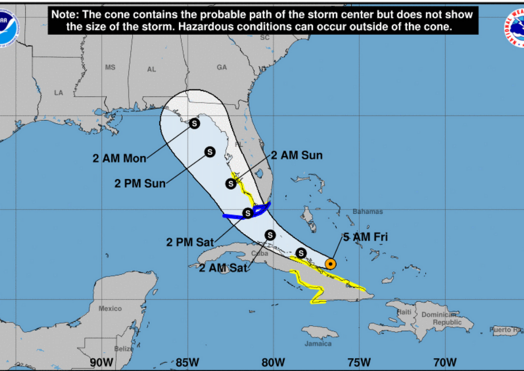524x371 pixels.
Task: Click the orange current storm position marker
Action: pos(331,264)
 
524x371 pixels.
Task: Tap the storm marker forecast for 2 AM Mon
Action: pos(194,124)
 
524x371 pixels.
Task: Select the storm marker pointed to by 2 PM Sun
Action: pos(210,152)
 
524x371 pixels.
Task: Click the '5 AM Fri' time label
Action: pos(365,237)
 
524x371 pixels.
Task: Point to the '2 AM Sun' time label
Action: pos(296,155)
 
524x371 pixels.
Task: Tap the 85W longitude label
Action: pos(188,362)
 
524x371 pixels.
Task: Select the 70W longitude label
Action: pos(445,362)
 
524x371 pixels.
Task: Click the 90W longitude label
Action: pos(102,362)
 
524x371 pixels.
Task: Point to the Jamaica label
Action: pos(318,344)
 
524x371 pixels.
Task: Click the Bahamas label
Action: pos(368,212)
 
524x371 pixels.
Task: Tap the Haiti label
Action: pos(404,312)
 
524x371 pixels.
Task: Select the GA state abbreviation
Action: pos(222,67)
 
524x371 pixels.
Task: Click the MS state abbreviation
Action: pos(110,67)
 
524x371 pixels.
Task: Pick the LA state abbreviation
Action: pos(59,93)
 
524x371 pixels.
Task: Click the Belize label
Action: pos(124,349)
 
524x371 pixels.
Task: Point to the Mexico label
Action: pos(110,309)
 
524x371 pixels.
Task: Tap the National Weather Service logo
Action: pos(515,27)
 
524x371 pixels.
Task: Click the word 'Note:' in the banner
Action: pos(65,14)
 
